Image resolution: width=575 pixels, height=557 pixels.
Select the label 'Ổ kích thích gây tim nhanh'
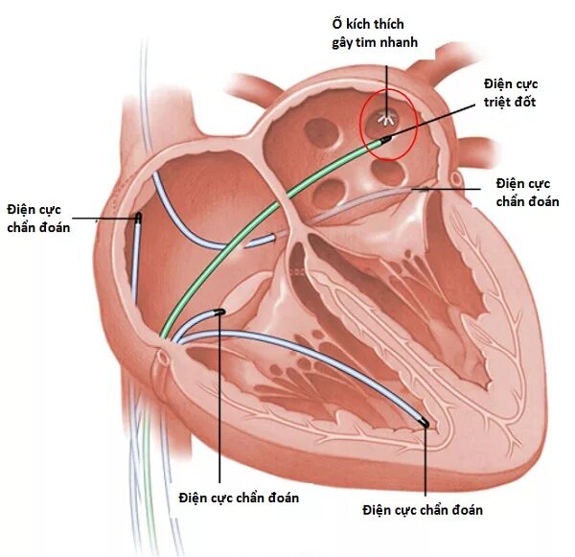tap(368, 34)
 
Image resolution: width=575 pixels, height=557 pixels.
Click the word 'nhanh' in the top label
tap(395, 42)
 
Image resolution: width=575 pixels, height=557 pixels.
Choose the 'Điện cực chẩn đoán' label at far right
tap(527, 192)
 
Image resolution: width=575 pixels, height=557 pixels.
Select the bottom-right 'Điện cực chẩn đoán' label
tap(423, 509)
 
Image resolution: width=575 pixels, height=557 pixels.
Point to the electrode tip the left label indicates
tap(139, 219)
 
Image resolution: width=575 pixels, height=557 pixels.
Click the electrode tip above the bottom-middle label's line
tap(219, 312)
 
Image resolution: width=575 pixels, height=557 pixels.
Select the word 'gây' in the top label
tap(332, 42)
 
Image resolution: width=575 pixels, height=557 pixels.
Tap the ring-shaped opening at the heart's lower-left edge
tap(163, 360)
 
